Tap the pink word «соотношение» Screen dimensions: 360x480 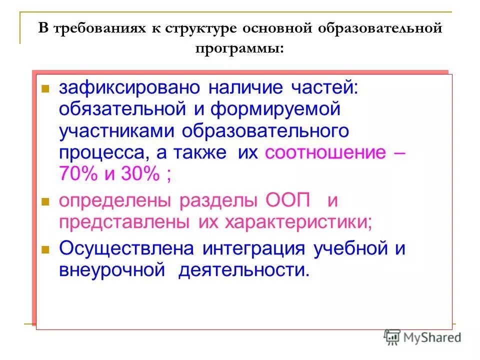coord(325,152)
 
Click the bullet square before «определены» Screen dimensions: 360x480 coord(44,202)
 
